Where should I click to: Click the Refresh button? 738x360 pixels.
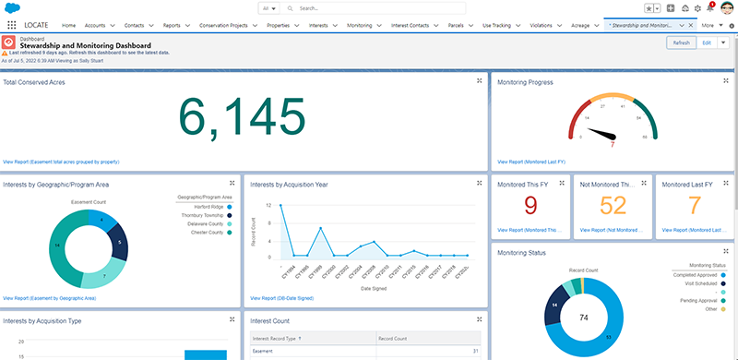[681, 42]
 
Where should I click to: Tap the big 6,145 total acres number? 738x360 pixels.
[241, 118]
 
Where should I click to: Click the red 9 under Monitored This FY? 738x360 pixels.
[529, 204]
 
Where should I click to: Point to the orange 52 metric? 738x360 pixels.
[613, 204]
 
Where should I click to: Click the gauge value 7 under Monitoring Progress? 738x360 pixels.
[613, 144]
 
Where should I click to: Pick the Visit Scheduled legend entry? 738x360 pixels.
[699, 283]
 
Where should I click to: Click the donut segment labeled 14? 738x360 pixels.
[57, 246]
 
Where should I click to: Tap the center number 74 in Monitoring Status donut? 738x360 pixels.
[609, 317]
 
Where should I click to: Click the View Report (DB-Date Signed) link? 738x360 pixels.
[281, 298]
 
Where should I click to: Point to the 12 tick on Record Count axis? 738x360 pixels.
[268, 205]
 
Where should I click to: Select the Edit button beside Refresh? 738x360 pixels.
[707, 42]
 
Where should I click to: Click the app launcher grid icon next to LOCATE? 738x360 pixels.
[11, 25]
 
